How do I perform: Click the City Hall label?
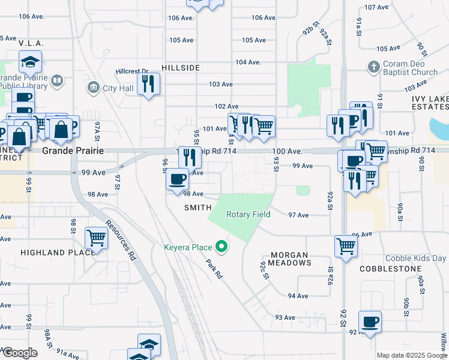[x=117, y=89]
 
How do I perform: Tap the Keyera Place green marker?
[x=222, y=247]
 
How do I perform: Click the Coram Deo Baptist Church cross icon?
[x=373, y=66]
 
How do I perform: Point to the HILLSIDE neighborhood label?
[x=180, y=68]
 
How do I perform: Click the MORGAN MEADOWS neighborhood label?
[x=290, y=259]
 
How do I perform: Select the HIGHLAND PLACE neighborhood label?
[x=58, y=253]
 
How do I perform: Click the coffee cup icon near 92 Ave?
[x=370, y=321]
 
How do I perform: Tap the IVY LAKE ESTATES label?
[x=430, y=103]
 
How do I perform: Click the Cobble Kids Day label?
[x=416, y=258]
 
